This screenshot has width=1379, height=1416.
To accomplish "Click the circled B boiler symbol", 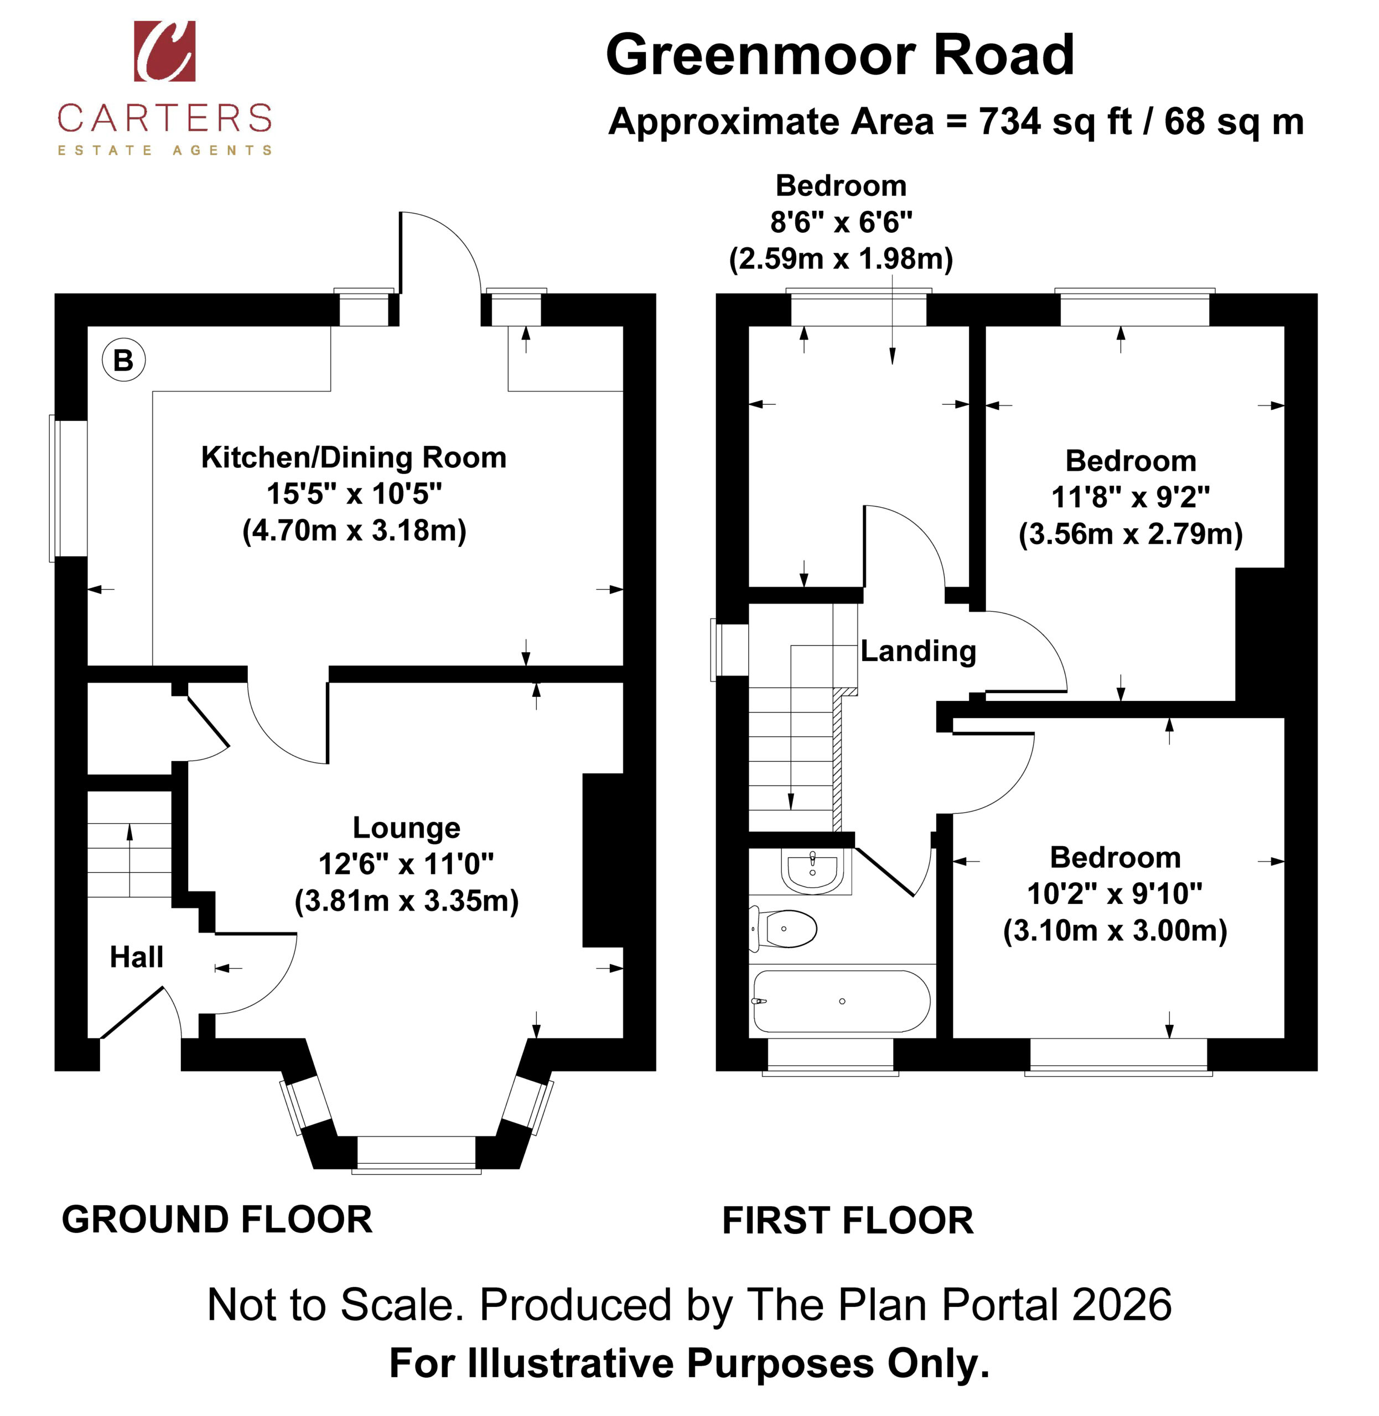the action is point(124,360).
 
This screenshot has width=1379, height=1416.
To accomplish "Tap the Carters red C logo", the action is point(164,51).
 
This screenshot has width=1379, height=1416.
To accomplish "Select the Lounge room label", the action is point(406,827).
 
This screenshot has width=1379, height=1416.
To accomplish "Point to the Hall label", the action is point(136,957).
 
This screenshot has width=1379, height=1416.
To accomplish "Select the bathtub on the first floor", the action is point(842,1001).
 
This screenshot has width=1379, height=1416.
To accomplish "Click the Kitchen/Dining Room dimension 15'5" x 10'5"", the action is point(354,494).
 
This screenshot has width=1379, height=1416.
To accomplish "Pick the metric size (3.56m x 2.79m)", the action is point(1131,534).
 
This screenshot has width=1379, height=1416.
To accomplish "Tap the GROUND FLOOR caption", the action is point(217,1220).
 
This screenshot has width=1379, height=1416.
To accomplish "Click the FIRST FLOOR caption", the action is point(848,1221).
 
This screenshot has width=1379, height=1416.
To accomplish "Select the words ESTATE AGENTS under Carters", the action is point(165,150).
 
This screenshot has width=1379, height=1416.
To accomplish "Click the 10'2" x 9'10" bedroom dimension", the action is point(1116,894).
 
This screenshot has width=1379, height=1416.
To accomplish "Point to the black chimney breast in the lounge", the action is point(603,860).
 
